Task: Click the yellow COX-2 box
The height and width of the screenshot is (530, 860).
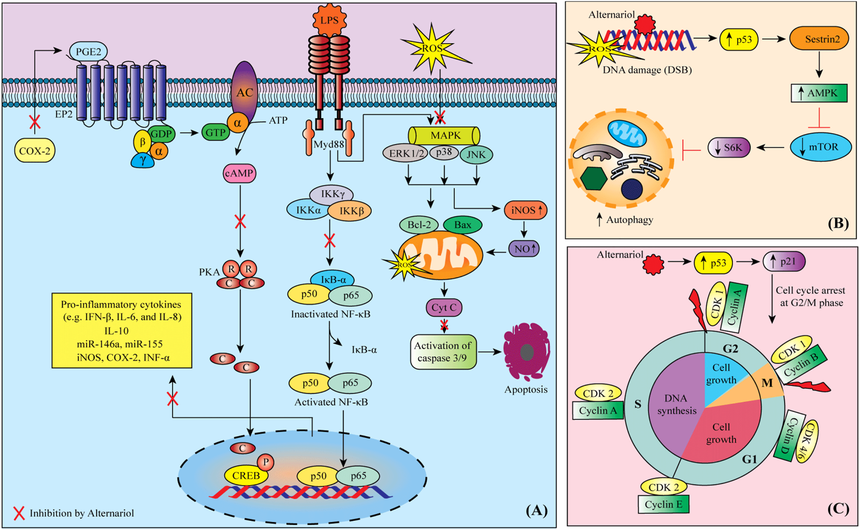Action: coord(34,151)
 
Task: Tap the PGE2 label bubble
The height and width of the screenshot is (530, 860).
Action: coord(88,52)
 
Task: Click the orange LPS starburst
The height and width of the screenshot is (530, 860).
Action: coord(330,20)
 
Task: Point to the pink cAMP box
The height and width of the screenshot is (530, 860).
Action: coord(239,174)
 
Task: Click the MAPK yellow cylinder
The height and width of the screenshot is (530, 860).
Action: coord(444,136)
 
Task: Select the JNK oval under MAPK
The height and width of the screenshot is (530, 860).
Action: coord(476,155)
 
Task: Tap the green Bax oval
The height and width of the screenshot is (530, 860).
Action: coord(462,225)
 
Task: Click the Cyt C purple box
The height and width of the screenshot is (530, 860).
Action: coord(444,307)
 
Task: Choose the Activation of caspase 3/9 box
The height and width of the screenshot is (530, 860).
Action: coord(443,352)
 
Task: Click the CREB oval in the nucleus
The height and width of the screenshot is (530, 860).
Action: coord(246,476)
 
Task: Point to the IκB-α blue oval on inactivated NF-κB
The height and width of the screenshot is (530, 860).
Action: coord(333,280)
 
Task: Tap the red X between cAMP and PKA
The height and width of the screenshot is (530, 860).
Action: coord(240,222)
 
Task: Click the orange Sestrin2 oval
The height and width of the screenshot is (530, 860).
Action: coord(819,39)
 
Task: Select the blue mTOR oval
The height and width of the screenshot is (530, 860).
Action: coord(821,147)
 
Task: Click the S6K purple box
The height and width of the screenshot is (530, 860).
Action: coord(729,147)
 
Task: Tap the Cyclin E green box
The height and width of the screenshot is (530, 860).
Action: coord(663,504)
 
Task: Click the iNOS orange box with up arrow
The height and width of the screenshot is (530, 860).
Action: coord(526,210)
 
